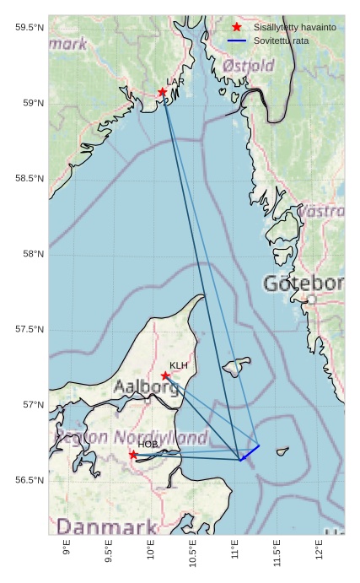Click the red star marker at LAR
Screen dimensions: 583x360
pyautogui.click(x=163, y=92)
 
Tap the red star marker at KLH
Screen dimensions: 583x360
pyautogui.click(x=165, y=375)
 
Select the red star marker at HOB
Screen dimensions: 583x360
pyautogui.click(x=133, y=455)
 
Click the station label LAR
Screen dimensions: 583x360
pyautogui.click(x=175, y=82)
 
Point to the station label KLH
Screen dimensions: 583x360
pyautogui.click(x=178, y=365)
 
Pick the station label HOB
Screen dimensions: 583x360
pyautogui.click(x=148, y=445)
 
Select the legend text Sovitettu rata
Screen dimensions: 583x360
pyautogui.click(x=281, y=40)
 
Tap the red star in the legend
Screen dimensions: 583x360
pyautogui.click(x=237, y=28)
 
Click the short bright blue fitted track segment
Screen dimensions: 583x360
pyautogui.click(x=250, y=452)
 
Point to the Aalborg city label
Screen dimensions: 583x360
pyautogui.click(x=147, y=388)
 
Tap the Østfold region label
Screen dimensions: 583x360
pyautogui.click(x=249, y=66)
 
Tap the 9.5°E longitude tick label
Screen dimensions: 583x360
pyautogui.click(x=109, y=552)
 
